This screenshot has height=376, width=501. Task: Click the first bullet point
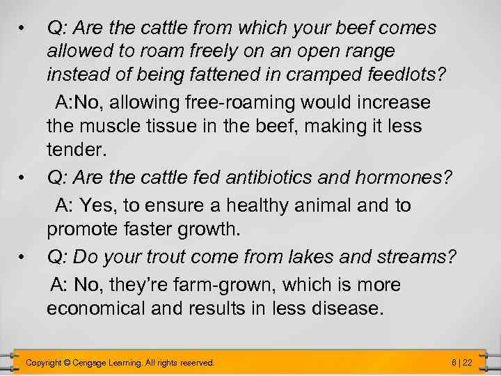pyautogui.click(x=23, y=28)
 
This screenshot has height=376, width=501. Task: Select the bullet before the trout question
pyautogui.click(x=23, y=257)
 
